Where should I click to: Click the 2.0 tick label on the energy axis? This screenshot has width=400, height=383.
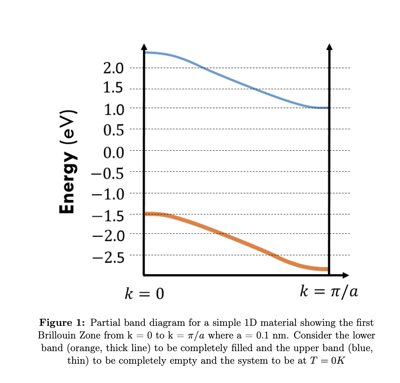tap(113, 68)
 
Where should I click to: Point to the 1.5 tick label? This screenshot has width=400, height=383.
tap(113, 88)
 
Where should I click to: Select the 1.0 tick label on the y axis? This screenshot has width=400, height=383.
tap(113, 110)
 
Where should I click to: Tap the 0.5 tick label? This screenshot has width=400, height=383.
tap(113, 130)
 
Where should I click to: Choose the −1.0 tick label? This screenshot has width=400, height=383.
tap(108, 194)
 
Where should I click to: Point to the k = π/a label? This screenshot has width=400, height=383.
tap(329, 291)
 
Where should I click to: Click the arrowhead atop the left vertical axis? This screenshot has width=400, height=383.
tap(144, 47)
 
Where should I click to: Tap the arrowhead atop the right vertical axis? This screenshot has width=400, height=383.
tap(329, 47)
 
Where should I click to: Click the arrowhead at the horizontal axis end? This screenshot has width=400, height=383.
tap(345, 275)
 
